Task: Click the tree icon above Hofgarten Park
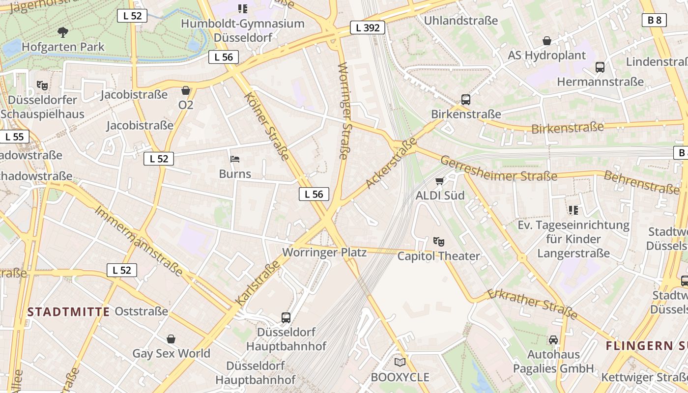click(62, 33)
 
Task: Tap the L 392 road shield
click(368, 28)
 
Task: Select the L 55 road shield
click(14, 137)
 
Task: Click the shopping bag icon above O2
click(186, 90)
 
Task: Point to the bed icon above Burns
click(235, 159)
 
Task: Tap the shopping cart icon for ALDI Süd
click(439, 181)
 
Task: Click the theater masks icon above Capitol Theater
click(438, 241)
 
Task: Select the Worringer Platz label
click(324, 253)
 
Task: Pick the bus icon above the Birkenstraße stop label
click(465, 100)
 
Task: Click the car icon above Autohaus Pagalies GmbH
click(553, 340)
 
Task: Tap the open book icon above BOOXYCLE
click(400, 363)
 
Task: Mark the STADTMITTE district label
click(68, 311)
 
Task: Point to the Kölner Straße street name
click(266, 126)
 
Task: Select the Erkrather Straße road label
click(532, 304)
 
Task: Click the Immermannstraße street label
click(138, 240)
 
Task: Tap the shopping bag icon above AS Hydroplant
click(546, 41)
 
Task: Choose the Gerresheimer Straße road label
click(498, 169)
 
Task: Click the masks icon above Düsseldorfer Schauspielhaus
click(42, 85)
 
